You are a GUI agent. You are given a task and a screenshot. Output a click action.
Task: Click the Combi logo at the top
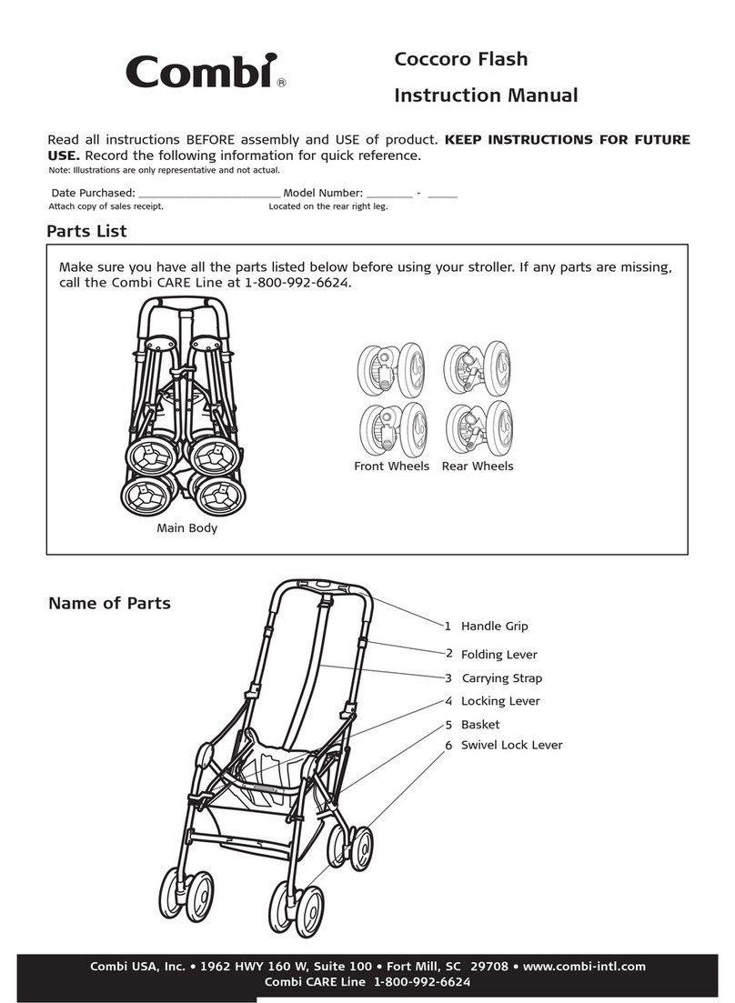(202, 71)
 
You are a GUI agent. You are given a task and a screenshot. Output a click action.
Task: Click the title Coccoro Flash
(460, 60)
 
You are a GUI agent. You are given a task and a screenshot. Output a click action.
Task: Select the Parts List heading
(86, 231)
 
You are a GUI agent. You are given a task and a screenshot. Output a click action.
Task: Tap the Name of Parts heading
(109, 603)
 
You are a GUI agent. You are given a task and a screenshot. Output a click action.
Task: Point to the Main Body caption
(186, 527)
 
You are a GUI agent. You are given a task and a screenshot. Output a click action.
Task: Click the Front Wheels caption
(391, 466)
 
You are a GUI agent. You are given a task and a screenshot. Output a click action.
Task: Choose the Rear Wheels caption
(477, 466)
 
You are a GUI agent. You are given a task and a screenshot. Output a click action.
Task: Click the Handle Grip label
(494, 627)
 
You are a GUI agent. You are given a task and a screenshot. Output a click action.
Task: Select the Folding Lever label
(498, 655)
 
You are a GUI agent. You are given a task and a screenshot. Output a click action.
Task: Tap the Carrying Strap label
(501, 678)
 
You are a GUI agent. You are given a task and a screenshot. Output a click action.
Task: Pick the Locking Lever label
(499, 701)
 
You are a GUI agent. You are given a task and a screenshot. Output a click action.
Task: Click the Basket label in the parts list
(479, 725)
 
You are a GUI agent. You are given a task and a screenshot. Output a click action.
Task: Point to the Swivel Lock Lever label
(511, 745)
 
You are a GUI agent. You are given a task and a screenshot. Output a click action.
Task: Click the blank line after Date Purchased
(209, 194)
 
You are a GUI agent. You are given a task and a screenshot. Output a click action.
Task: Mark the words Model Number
(323, 193)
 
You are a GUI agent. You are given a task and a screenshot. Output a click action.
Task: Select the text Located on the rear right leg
(327, 206)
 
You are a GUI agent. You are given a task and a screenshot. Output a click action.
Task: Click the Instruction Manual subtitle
(486, 95)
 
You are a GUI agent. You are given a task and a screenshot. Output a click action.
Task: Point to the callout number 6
(448, 745)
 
